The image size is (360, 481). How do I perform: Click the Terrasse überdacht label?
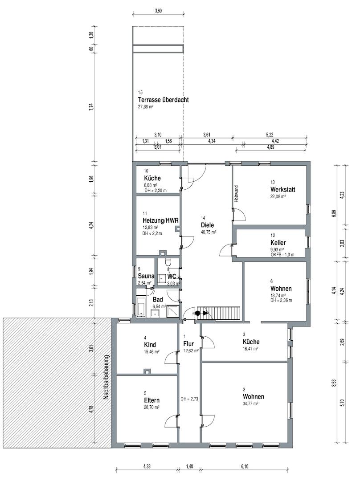(163, 100)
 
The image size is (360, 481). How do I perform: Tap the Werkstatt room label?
(282, 190)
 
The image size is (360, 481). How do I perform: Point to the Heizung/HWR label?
(160, 220)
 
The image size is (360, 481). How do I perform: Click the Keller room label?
(278, 243)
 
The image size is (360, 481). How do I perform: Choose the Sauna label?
(146, 276)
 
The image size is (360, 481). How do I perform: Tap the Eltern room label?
(151, 400)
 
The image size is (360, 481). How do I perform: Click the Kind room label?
(150, 344)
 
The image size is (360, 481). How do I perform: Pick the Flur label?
(188, 343)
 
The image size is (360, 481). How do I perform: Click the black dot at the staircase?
(197, 313)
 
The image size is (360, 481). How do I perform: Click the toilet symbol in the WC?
(168, 263)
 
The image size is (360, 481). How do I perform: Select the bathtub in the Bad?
(141, 306)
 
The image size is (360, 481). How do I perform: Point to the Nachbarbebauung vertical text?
(106, 377)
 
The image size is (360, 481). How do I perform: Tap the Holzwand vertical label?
(236, 193)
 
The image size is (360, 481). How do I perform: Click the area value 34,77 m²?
(250, 404)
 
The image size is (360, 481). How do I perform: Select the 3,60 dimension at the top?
(158, 11)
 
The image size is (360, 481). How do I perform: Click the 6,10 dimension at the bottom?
(245, 467)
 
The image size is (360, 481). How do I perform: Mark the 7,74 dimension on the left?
(91, 108)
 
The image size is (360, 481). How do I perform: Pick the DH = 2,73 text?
(189, 399)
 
